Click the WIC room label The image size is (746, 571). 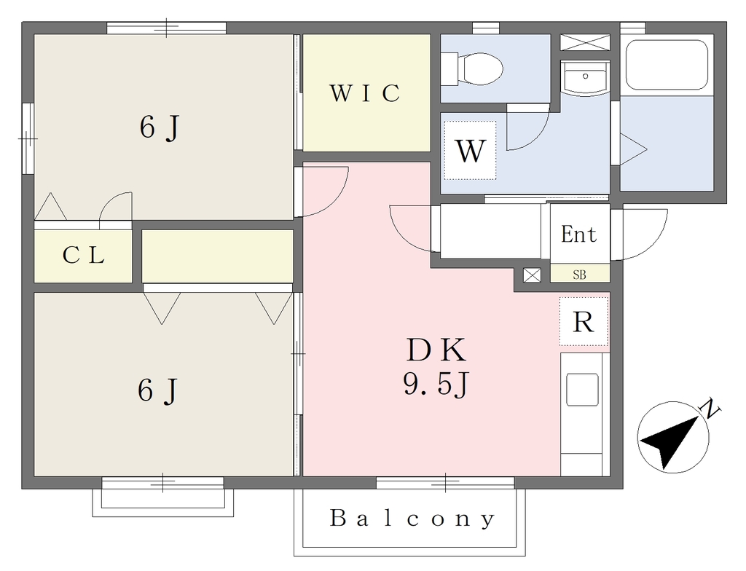(x=365, y=93)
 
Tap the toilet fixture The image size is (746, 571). (x=472, y=69)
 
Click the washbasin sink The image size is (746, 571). (x=585, y=78)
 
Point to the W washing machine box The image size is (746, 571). (x=470, y=150)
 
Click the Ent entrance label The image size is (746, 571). (x=579, y=234)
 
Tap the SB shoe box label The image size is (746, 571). (x=579, y=275)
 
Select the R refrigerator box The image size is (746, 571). (x=584, y=322)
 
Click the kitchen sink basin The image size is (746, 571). (x=582, y=390)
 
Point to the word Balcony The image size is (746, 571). (x=412, y=518)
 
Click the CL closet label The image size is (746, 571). (x=84, y=256)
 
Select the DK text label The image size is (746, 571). (x=436, y=350)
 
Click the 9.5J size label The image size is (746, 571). (x=436, y=384)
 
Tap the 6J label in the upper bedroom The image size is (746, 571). (x=160, y=127)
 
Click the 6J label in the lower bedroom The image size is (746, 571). (x=157, y=390)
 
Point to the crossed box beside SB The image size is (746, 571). (x=532, y=275)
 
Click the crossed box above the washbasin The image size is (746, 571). (x=585, y=42)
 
